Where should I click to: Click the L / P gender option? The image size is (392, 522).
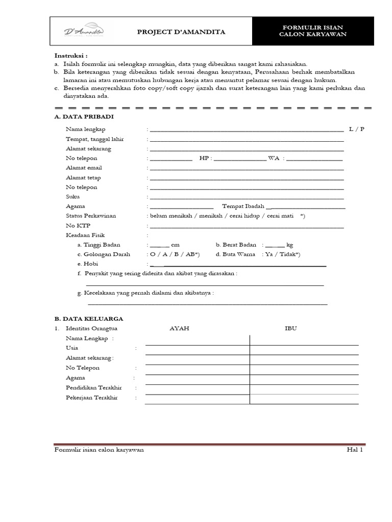tap(357, 129)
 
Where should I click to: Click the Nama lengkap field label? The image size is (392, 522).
tap(86, 129)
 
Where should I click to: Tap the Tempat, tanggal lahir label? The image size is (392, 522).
tap(94, 139)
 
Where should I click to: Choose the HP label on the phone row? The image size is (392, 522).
tap(204, 158)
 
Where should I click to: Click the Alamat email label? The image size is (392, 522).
tap(84, 168)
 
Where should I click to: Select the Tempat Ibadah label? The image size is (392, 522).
tap(243, 206)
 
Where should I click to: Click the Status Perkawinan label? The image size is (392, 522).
tap(91, 216)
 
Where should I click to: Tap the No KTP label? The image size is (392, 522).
tap(78, 225)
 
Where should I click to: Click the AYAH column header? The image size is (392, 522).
tap(179, 328)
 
